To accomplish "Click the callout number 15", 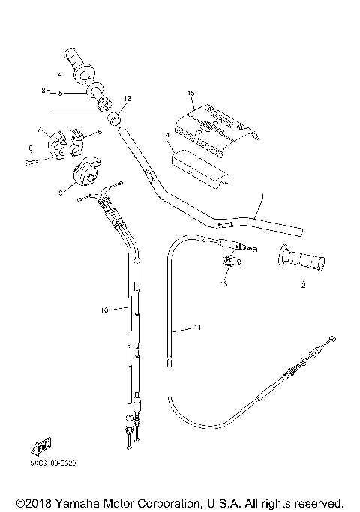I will coord(191,92).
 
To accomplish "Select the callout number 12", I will coord(127,98).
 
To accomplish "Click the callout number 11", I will coord(198,328).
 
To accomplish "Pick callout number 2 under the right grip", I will coord(303,285).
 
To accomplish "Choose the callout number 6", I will coord(99,133).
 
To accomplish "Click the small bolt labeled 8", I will coord(29,160).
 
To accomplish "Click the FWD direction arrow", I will coord(39,448).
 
